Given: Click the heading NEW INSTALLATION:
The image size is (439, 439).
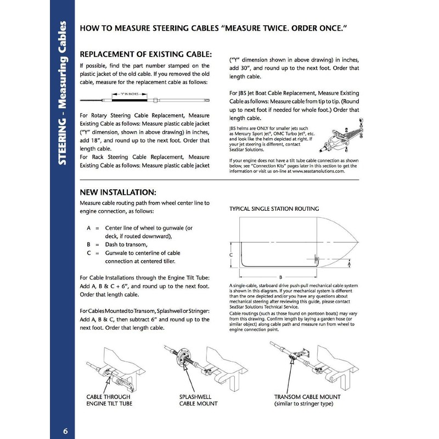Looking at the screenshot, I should click(118, 193).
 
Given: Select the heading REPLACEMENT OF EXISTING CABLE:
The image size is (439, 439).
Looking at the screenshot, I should click(145, 55).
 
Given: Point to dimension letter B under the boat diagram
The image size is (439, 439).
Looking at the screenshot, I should click(280, 278).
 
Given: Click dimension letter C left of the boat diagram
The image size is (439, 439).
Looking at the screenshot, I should click(232, 255).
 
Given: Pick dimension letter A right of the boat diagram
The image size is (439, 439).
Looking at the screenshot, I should click(350, 263).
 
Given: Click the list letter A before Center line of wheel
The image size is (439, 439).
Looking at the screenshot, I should click(88, 227).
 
